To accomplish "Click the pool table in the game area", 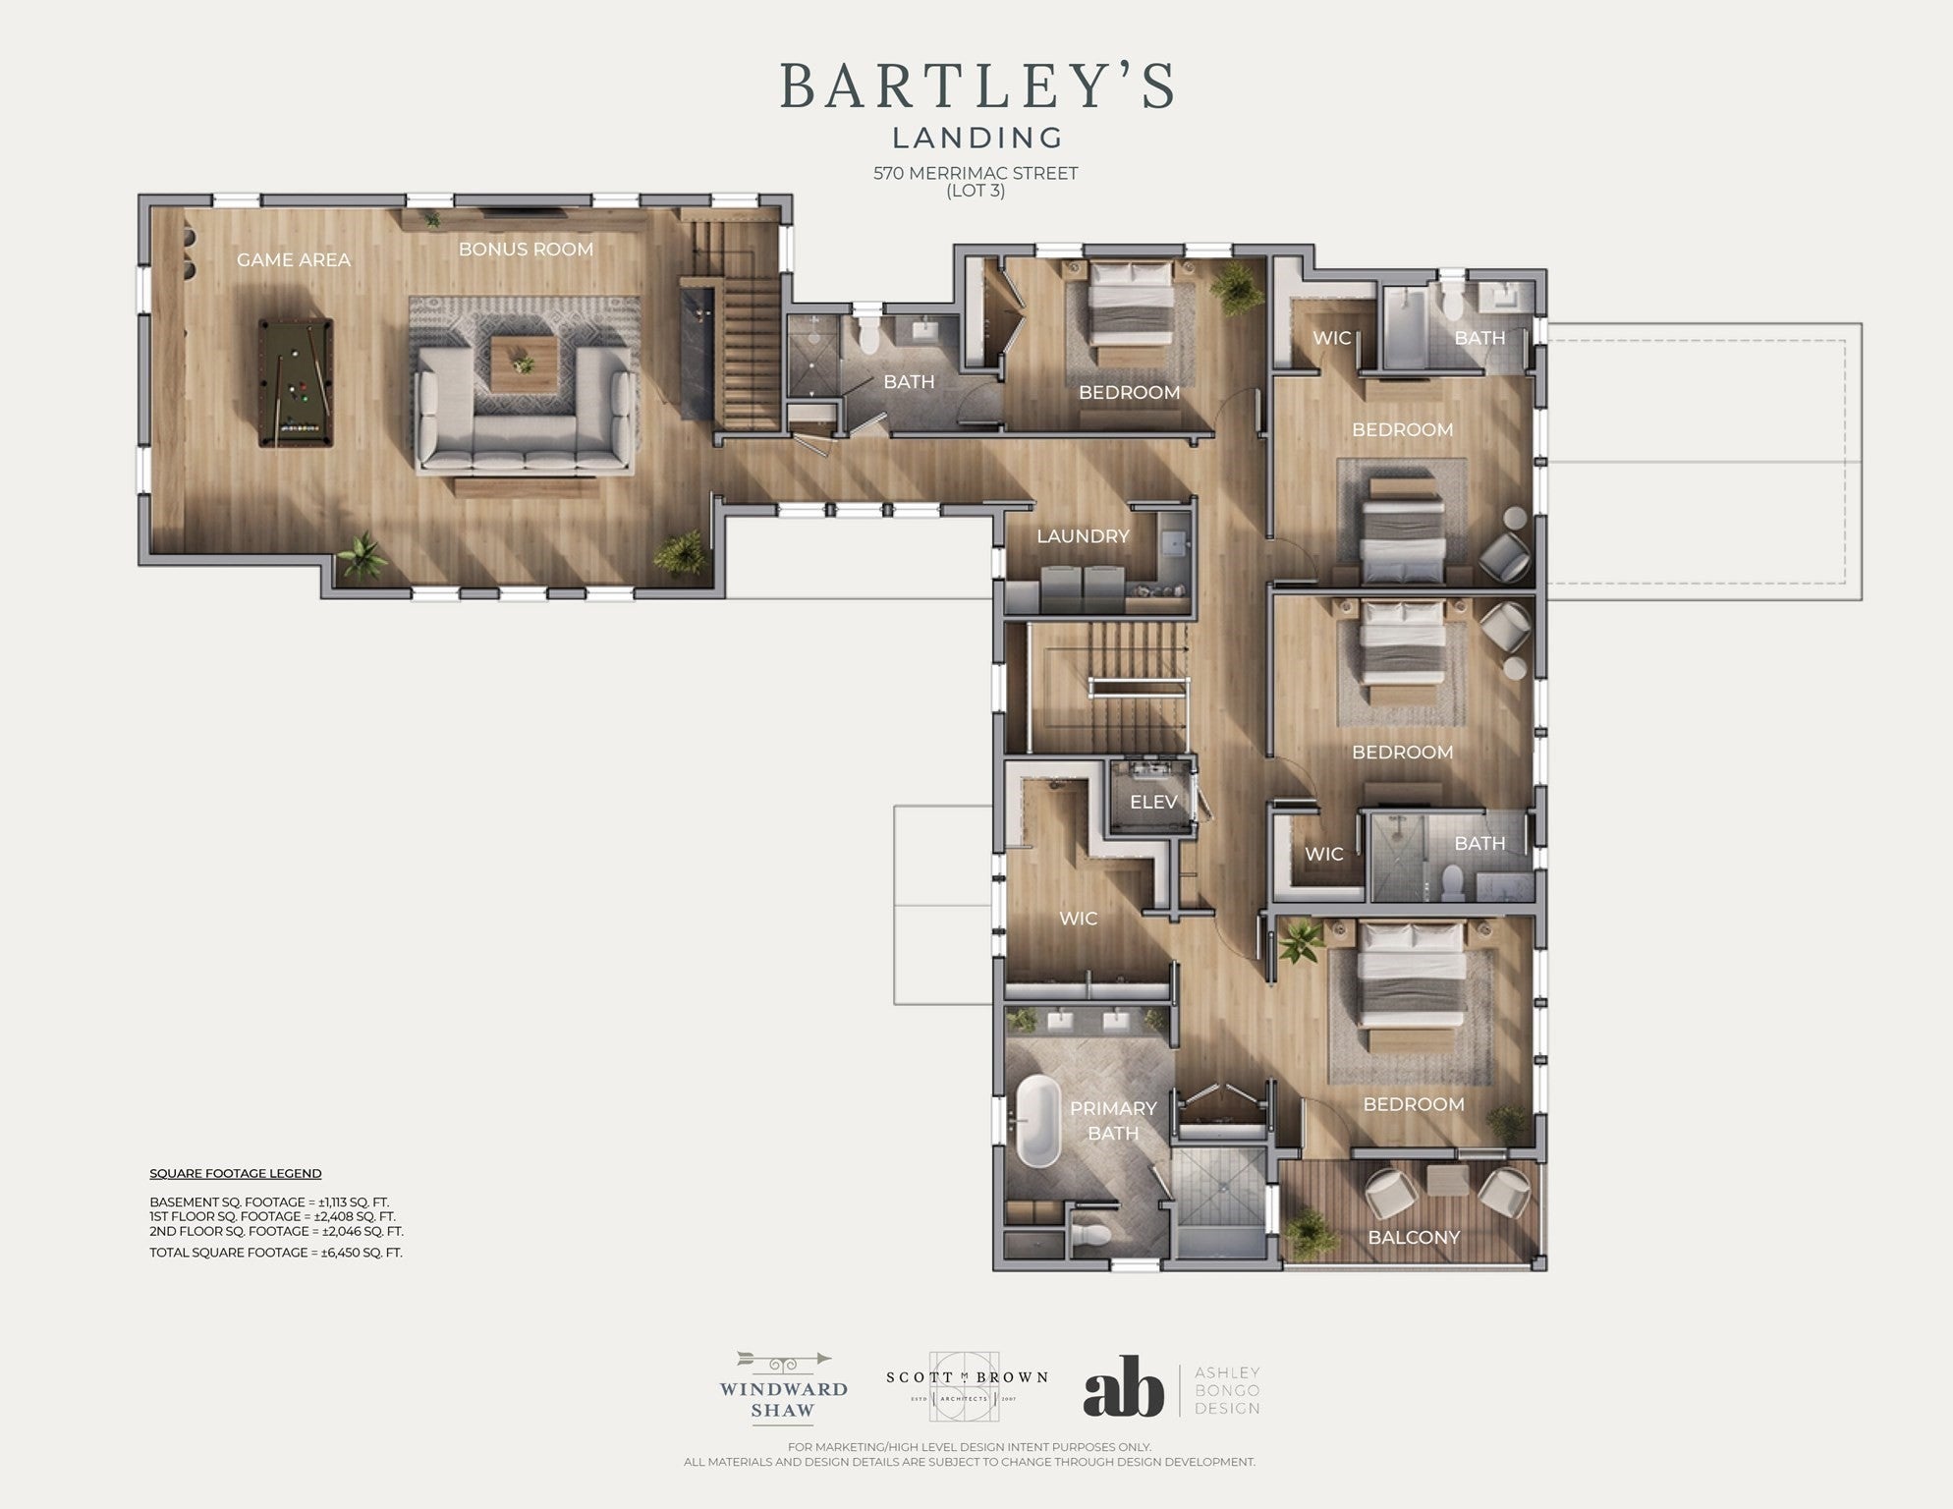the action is (x=296, y=382).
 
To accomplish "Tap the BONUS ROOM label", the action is (x=526, y=250).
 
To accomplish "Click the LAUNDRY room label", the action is (x=1083, y=536).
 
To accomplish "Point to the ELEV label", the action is (x=1153, y=803).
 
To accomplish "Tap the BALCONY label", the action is (x=1414, y=1238).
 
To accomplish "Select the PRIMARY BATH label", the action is (x=1113, y=1121).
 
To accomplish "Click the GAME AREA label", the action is (x=294, y=260).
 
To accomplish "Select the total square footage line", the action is (x=276, y=1253).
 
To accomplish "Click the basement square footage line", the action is (x=270, y=1202).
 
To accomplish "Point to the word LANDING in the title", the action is (x=977, y=138).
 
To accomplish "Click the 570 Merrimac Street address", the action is (x=976, y=173).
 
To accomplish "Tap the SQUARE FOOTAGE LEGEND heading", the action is (x=236, y=1174).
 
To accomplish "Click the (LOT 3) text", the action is (x=976, y=191).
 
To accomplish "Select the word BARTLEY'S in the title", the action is (x=977, y=86).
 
